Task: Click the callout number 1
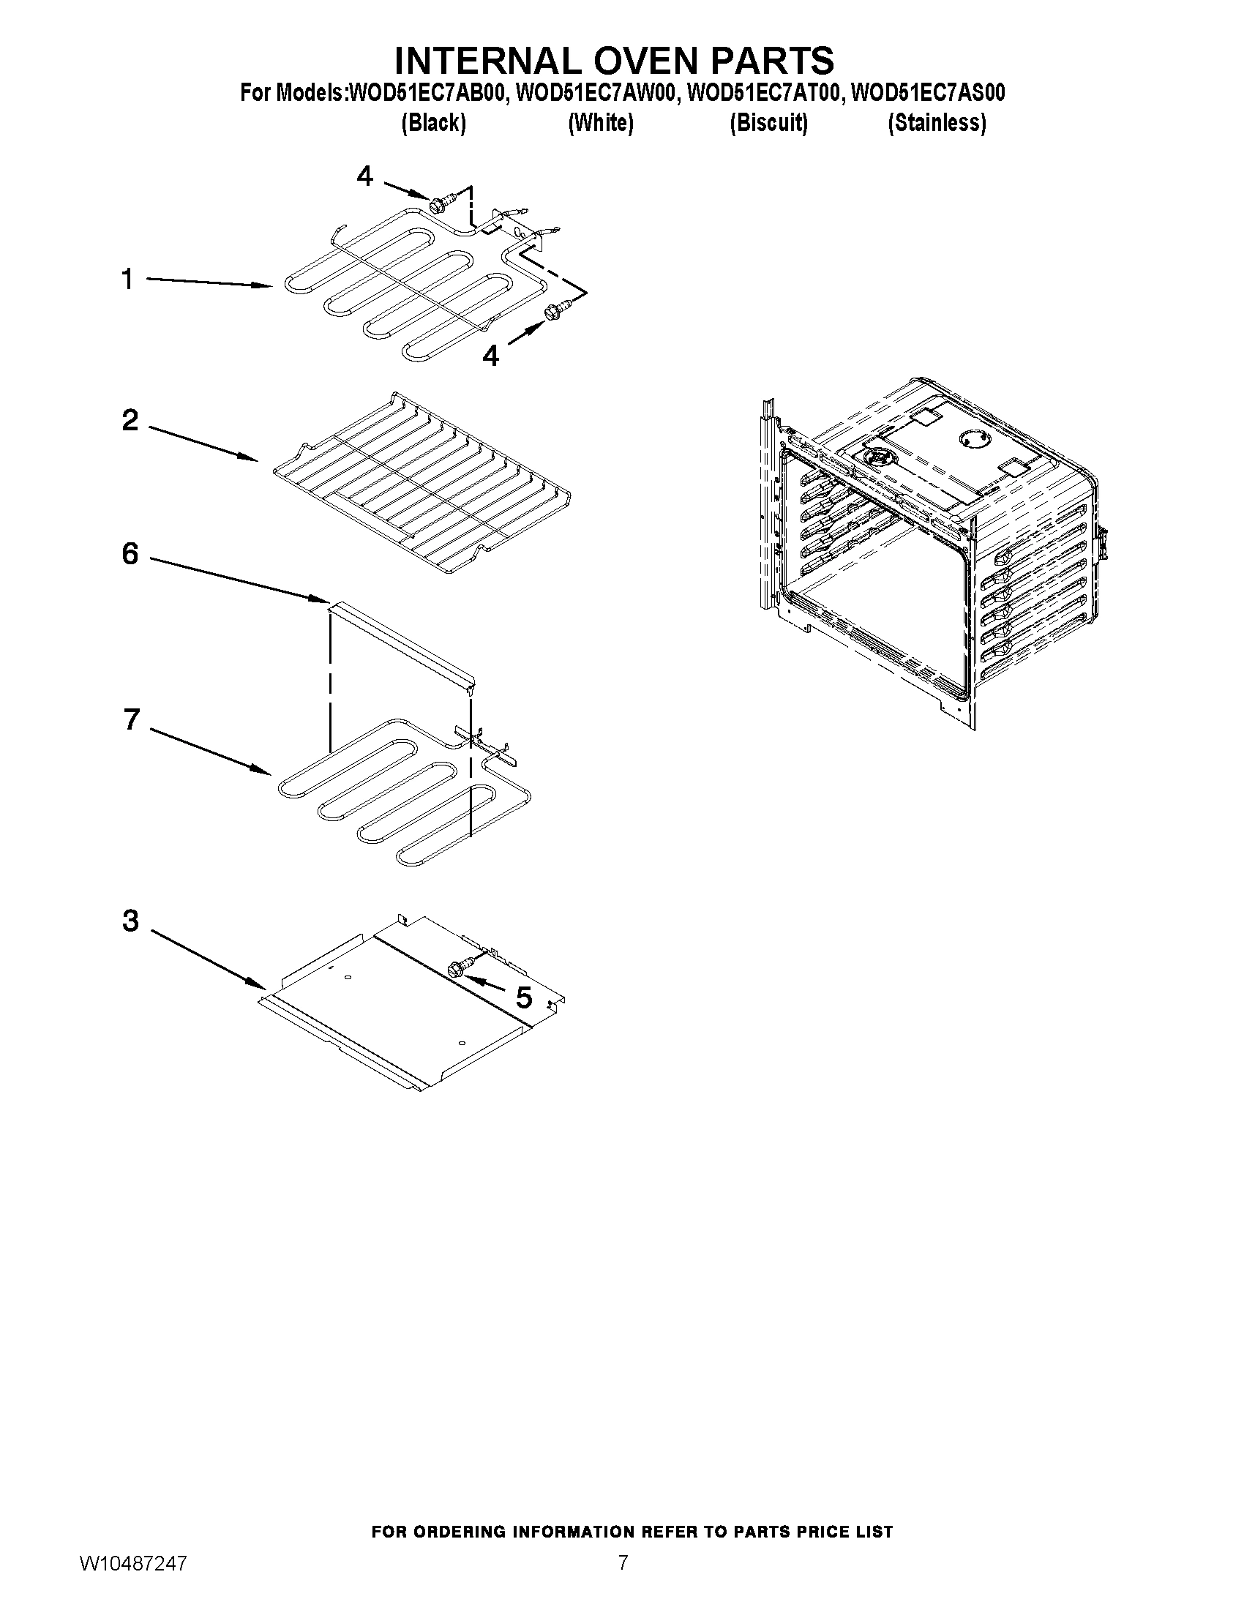click(127, 280)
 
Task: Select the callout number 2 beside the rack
click(130, 421)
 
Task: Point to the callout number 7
click(131, 719)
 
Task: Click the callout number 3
click(130, 921)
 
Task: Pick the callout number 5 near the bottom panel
click(523, 998)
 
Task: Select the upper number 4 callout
click(365, 176)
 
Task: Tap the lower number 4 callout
click(490, 356)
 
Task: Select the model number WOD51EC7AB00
click(428, 94)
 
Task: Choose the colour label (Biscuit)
click(768, 123)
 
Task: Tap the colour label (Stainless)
click(937, 123)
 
